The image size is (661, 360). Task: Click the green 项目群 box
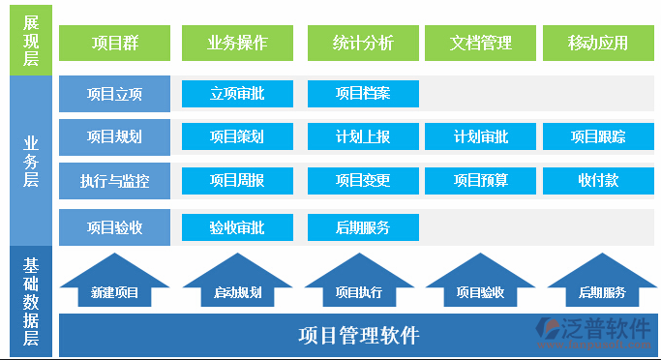pos(114,43)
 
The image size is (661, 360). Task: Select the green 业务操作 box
pos(237,43)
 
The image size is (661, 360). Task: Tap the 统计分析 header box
pos(363,43)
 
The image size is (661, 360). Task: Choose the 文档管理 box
pos(481,43)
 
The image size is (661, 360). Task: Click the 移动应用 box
pos(598,43)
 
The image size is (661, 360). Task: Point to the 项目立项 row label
pos(114,94)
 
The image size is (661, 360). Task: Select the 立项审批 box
pos(237,94)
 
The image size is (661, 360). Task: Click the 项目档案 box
pos(363,94)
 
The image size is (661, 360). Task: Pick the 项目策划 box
pos(237,136)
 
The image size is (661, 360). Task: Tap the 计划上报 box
pos(363,136)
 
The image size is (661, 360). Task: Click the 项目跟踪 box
pos(598,136)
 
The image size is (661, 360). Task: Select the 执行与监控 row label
pos(114,180)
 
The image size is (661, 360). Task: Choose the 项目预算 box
pos(481,180)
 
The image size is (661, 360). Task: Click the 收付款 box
pos(598,180)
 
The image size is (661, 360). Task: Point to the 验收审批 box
pos(237,227)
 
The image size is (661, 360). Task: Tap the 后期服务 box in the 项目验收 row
pos(363,227)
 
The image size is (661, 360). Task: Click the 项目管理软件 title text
pos(358,336)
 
